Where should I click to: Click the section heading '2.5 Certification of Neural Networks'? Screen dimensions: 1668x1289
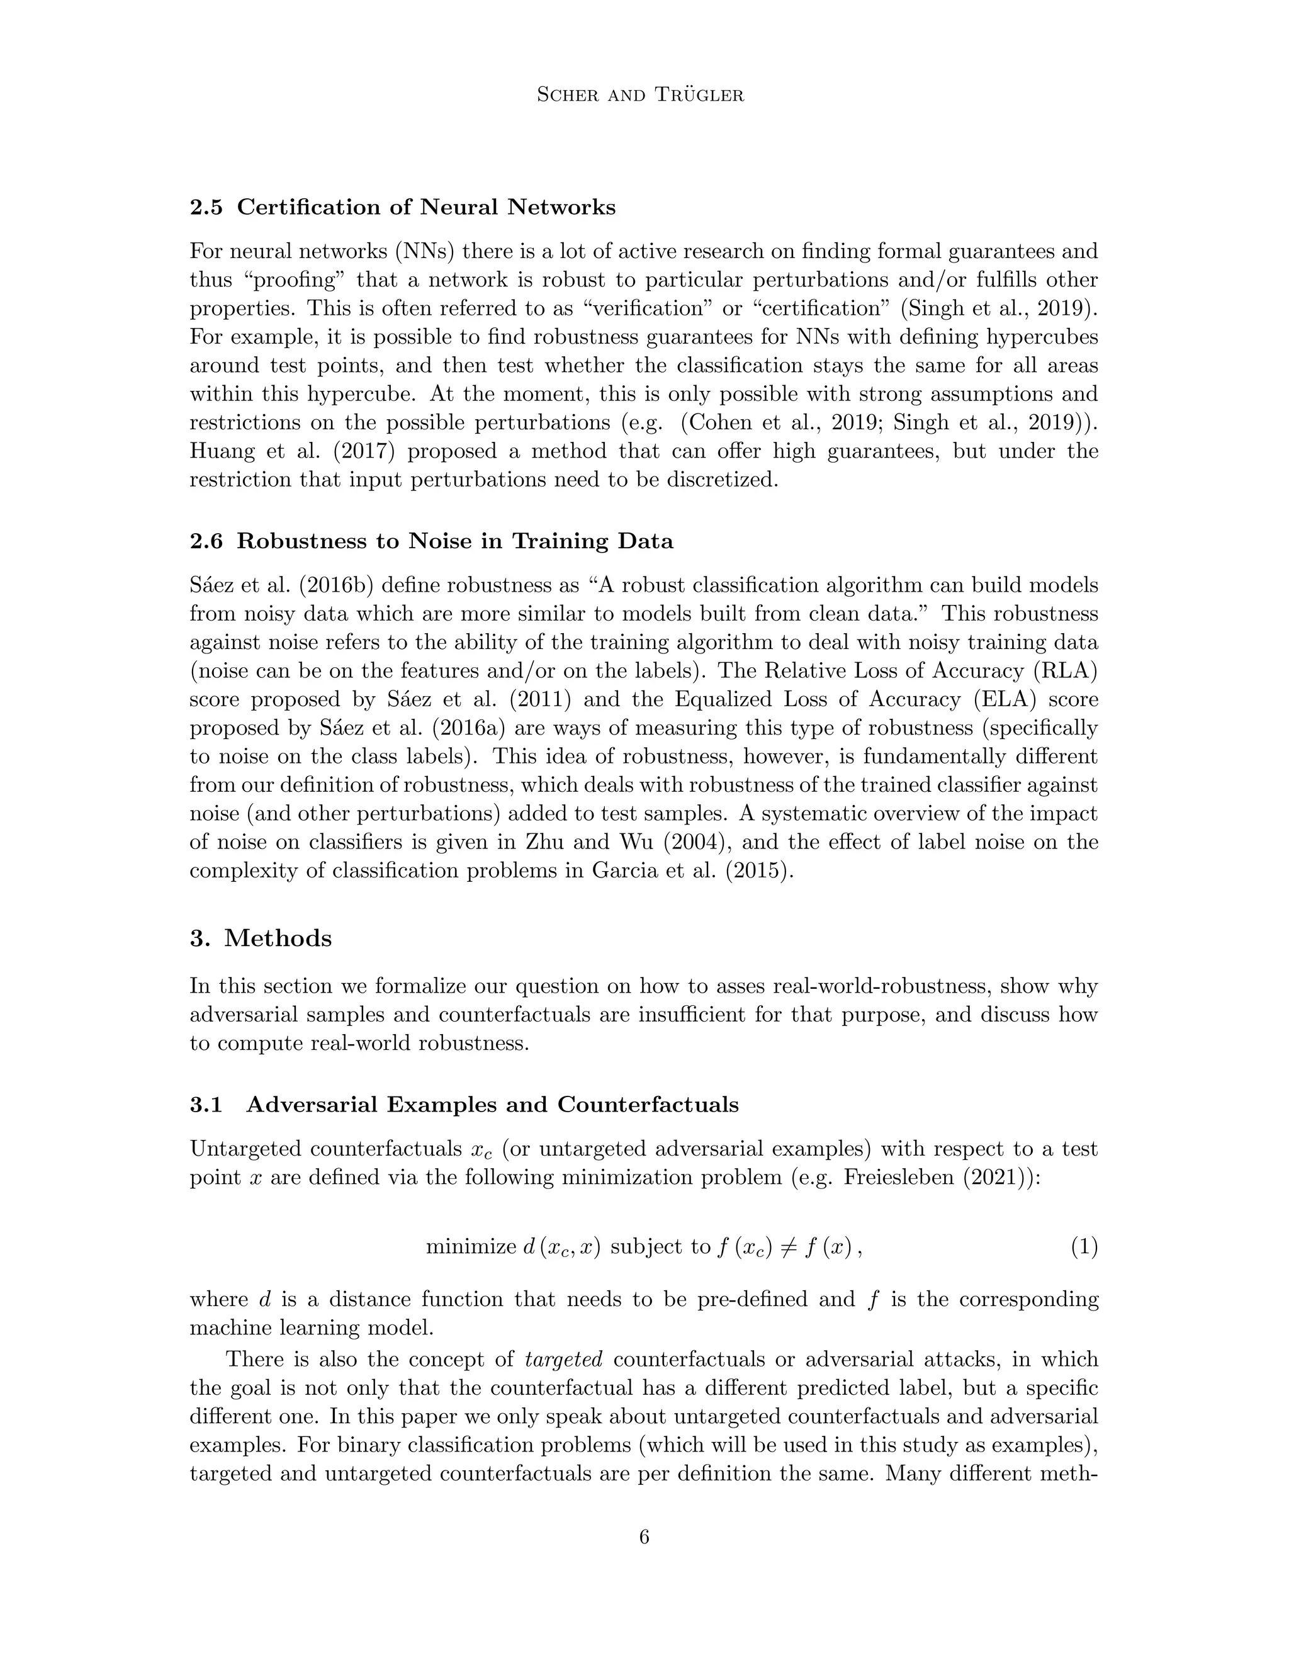(x=402, y=208)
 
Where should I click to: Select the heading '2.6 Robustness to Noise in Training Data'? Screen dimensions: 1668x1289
(x=431, y=541)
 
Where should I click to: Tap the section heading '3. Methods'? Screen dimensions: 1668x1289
(x=261, y=938)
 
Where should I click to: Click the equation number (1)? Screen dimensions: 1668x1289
(x=1083, y=1247)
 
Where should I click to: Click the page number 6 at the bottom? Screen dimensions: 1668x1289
(x=644, y=1536)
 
